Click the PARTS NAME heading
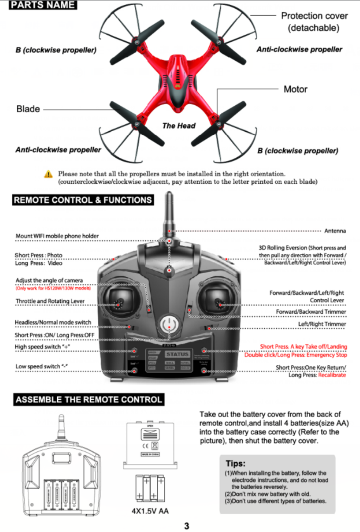click(43, 6)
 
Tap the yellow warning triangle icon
click(49, 175)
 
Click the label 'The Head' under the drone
click(178, 126)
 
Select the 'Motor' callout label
click(295, 89)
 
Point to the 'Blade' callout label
click(28, 109)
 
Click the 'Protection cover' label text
click(314, 16)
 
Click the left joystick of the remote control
click(119, 301)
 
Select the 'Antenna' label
click(335, 231)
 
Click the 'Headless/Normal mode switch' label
click(53, 322)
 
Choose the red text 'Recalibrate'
click(332, 375)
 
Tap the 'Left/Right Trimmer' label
click(322, 324)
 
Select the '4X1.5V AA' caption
click(150, 511)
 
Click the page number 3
click(187, 526)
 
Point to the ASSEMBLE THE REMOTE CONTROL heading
click(89, 399)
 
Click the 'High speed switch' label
click(42, 347)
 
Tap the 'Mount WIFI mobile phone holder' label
click(57, 236)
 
